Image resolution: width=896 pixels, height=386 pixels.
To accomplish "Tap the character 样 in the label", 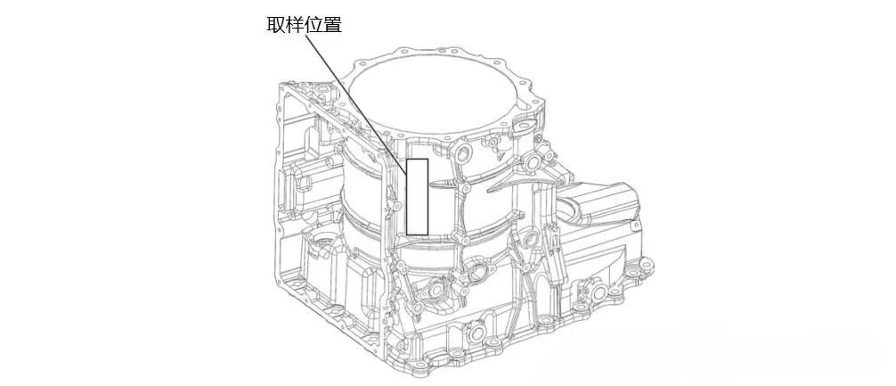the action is coord(295,25).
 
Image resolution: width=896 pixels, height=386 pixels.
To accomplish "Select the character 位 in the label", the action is coord(314,25).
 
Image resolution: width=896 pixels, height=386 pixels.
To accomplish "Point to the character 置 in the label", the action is coord(332,25).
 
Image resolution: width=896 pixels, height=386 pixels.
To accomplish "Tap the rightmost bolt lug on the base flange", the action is coord(645,264).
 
